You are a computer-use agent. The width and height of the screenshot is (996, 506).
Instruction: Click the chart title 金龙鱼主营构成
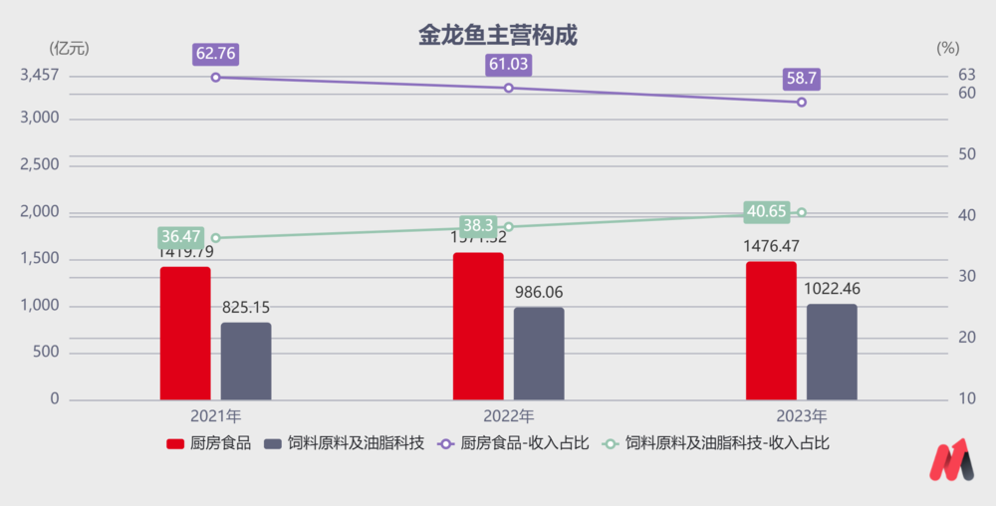498,36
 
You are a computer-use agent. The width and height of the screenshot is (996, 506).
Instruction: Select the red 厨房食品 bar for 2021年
185,333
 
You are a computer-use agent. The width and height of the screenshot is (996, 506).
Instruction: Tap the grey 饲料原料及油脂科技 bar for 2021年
246,361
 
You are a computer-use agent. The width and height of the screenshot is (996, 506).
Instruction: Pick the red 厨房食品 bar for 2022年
478,326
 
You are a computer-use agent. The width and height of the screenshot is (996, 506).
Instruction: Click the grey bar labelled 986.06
539,353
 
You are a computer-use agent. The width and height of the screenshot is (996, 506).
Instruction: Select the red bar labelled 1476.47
771,331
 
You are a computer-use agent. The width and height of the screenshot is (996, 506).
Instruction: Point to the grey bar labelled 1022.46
832,352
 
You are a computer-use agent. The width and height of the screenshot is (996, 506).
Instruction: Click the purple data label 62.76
215,54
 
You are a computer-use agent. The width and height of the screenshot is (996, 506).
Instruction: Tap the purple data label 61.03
508,65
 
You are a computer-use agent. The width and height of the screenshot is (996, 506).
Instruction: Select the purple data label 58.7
801,80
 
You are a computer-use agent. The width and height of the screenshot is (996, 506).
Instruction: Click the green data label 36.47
180,237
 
